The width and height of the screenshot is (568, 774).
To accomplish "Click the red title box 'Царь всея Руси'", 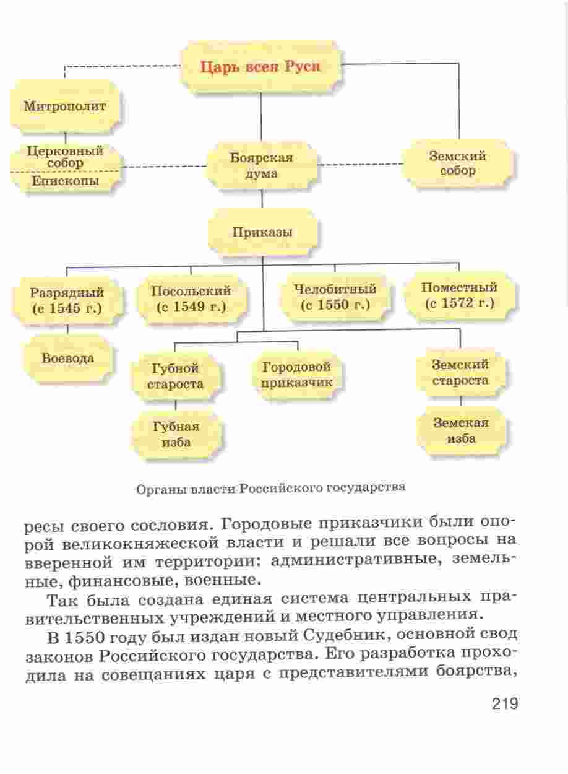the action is (x=261, y=67).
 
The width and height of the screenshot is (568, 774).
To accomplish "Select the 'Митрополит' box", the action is (x=65, y=107).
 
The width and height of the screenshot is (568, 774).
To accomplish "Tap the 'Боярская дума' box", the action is (x=262, y=165).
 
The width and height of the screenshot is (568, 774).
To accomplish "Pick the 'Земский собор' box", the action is (x=458, y=163).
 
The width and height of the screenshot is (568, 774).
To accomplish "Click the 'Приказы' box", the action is (x=262, y=232).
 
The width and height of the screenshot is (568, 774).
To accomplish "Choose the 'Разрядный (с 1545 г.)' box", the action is (x=67, y=300).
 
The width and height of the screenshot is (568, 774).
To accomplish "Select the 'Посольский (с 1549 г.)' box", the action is (x=192, y=299).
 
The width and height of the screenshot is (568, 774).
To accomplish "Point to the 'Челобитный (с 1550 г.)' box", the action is (x=335, y=297).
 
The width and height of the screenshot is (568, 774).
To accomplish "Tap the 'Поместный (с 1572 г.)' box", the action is (x=460, y=295).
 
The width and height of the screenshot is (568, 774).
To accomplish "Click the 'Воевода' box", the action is (x=67, y=359).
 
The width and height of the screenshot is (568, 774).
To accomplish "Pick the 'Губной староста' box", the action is (x=175, y=376).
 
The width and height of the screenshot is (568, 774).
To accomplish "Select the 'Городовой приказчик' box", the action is (x=297, y=375).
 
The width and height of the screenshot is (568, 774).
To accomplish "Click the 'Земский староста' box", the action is (x=460, y=373).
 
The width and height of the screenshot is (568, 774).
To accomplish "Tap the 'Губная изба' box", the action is (x=176, y=434).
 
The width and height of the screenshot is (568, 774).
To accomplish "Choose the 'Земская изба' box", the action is (x=461, y=431).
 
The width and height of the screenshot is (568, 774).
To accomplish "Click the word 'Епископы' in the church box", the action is (x=66, y=181).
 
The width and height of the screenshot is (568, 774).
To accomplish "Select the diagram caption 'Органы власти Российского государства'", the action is (x=271, y=489).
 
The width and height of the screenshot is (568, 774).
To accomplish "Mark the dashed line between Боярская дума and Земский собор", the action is (x=359, y=165).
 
